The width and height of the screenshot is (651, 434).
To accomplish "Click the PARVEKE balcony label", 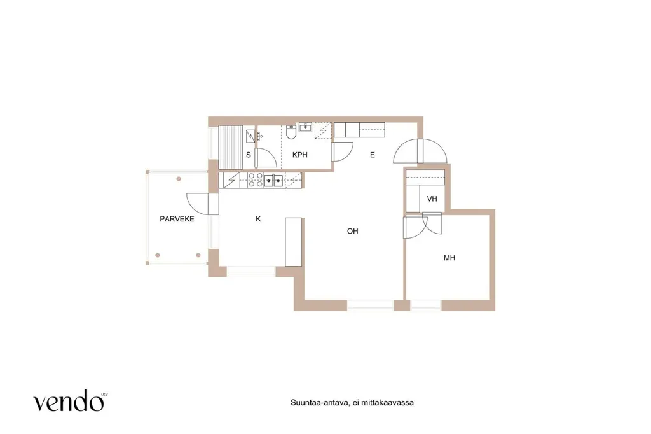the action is [x=177, y=219].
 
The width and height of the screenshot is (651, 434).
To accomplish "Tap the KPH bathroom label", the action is [x=300, y=155].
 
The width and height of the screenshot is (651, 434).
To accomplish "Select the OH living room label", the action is [x=352, y=231].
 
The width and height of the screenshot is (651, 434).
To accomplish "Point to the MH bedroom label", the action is [x=449, y=258].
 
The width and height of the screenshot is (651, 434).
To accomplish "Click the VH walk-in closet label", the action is [x=432, y=199].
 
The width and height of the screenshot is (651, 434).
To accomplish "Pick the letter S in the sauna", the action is [x=249, y=155].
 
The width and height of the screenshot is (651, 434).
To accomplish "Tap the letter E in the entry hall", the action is [x=373, y=155].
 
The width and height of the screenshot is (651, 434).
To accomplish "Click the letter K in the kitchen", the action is [x=258, y=219].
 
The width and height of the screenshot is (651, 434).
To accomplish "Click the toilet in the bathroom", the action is [x=291, y=132].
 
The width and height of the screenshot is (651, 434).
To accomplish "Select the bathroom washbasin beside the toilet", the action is [x=306, y=127].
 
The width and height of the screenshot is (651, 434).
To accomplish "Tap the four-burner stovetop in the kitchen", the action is [x=256, y=179].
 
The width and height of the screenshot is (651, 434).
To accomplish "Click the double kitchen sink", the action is [x=273, y=181].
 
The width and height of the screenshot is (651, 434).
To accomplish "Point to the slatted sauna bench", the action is [x=230, y=147].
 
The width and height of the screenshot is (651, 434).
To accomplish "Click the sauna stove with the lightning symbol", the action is [x=250, y=136].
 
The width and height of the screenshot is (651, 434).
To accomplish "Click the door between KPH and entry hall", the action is [x=341, y=152].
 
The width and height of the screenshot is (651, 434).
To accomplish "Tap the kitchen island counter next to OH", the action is [x=294, y=242].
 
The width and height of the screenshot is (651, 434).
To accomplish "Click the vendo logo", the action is [x=69, y=400].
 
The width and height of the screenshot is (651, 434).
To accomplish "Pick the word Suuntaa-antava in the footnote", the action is [x=319, y=402].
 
